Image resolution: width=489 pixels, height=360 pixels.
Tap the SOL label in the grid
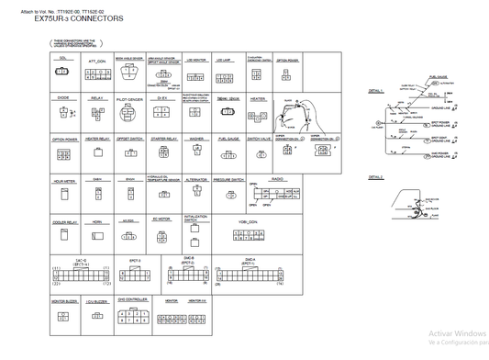[62, 58]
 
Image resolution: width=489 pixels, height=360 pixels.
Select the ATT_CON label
[97, 61]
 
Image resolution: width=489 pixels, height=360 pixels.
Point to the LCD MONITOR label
[195, 61]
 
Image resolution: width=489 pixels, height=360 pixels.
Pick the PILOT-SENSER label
[129, 99]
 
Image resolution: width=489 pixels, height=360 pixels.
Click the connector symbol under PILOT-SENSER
[129, 116]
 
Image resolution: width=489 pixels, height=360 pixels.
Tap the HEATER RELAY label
[97, 140]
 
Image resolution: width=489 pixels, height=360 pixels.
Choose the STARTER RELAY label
[164, 140]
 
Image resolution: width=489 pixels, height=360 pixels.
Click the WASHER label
[196, 140]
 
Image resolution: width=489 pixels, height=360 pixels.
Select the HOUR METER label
[63, 182]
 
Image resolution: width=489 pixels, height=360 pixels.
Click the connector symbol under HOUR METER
[63, 197]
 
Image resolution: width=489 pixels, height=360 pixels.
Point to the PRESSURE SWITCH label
[228, 180]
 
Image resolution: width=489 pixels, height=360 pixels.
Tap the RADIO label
[276, 178]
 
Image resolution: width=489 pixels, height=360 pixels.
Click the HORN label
[97, 221]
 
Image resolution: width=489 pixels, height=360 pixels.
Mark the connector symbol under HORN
[97, 236]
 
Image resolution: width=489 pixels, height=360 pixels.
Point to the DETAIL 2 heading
[375, 176]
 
